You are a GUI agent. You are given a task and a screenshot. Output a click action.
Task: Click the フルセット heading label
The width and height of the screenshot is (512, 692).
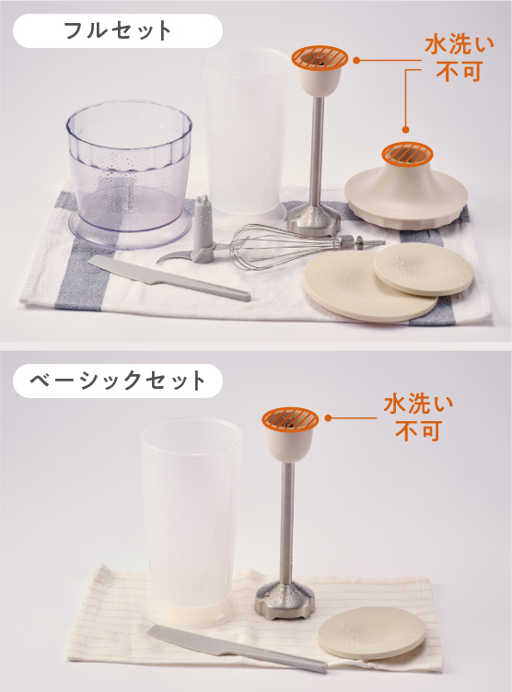(117, 31)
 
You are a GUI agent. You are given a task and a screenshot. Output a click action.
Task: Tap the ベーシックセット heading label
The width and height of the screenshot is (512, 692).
(117, 381)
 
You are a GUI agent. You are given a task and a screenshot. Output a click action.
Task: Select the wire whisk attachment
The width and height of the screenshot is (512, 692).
(304, 246)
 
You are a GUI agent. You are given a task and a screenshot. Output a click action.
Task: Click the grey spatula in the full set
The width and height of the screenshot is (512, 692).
(169, 278)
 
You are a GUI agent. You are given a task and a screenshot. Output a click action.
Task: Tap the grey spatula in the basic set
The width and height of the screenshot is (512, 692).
(238, 649)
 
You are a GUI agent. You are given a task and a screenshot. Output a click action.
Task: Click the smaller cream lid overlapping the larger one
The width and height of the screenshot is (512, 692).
(424, 269)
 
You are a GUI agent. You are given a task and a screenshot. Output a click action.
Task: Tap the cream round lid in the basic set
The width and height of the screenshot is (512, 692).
(371, 633)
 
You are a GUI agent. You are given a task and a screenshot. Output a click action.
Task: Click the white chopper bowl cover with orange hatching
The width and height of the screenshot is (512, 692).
(406, 190)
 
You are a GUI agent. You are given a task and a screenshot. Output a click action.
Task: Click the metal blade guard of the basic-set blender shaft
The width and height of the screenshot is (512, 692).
(285, 601)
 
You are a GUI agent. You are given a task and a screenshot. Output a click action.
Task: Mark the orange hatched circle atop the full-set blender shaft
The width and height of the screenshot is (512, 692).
(320, 58)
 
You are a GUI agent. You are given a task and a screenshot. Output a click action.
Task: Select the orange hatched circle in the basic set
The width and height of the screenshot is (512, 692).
(290, 419)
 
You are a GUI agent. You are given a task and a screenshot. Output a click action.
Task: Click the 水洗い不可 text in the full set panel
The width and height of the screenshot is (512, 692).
(459, 58)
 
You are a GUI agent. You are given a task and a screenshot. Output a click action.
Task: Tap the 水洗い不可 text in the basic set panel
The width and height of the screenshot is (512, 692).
(418, 417)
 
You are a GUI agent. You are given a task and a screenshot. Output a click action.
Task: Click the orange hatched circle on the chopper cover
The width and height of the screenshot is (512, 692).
(407, 154)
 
